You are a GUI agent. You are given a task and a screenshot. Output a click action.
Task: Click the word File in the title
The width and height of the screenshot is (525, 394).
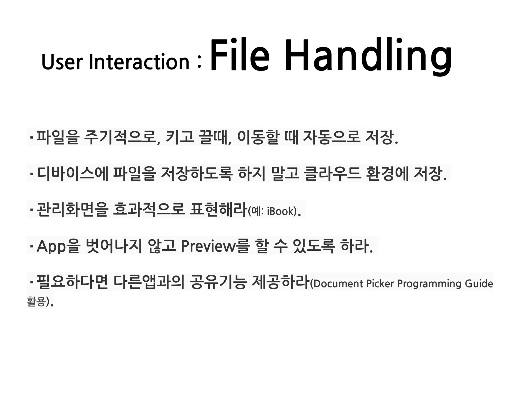pyautogui.click(x=239, y=55)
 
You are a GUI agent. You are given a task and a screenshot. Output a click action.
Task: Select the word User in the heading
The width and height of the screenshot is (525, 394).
pyautogui.click(x=62, y=62)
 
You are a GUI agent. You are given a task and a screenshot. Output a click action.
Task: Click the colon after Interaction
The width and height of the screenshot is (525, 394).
pyautogui.click(x=199, y=63)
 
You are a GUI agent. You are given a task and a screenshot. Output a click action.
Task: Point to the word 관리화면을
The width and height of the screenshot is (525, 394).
pyautogui.click(x=72, y=209)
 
